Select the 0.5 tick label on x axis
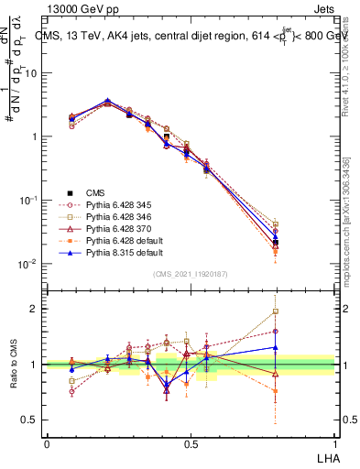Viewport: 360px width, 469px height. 190,443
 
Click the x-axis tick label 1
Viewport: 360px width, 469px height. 333,443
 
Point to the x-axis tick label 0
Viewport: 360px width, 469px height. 46,443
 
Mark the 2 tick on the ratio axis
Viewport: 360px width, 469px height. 35,309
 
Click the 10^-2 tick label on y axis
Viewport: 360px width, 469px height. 27,264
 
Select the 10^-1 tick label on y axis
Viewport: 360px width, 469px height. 27,200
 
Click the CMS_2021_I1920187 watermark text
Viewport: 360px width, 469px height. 190,274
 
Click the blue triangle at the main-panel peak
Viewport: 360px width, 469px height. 108,101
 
